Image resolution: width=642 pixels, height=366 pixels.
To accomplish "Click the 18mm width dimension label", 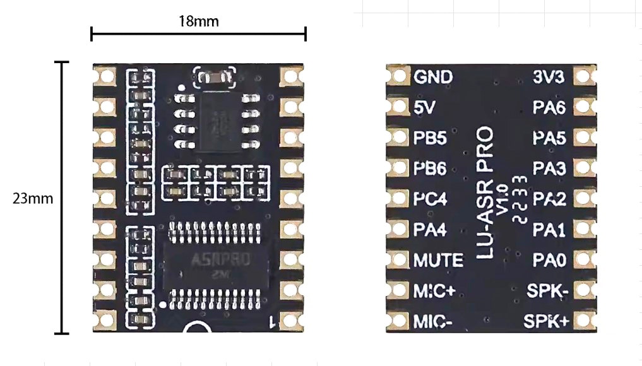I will [x=198, y=21].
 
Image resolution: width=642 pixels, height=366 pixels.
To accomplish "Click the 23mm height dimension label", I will [x=33, y=198].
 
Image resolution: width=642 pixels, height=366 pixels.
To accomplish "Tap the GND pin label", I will [x=433, y=77].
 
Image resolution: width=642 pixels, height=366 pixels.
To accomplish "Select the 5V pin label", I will [x=425, y=107].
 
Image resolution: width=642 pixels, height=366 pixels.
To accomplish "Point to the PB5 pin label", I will [x=430, y=138].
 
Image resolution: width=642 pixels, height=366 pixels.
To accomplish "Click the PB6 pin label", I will [x=430, y=168].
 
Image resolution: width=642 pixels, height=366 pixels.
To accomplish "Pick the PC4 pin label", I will [x=430, y=199].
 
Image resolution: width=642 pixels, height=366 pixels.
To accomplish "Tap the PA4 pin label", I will [x=430, y=230].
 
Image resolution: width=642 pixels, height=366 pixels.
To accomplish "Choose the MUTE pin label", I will [x=438, y=260].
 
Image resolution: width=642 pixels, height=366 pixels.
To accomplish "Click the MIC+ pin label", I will [x=434, y=290].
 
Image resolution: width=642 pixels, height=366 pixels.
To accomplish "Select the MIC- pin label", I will [x=433, y=321].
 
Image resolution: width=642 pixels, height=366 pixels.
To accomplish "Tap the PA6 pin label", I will [x=549, y=107].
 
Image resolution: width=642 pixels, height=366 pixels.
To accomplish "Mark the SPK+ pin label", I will [x=547, y=321].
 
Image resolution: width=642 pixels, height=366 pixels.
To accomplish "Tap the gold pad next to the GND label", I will [x=398, y=77].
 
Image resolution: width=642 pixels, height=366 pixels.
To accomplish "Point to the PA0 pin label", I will [x=549, y=260].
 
